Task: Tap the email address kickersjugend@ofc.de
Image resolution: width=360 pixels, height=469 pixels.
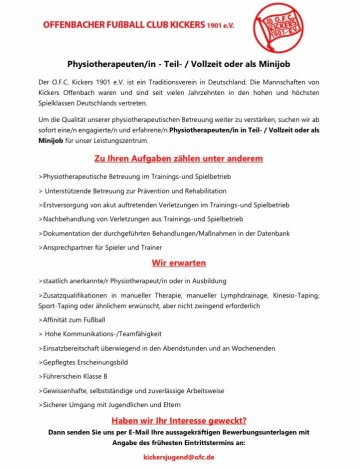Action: coord(180,456)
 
